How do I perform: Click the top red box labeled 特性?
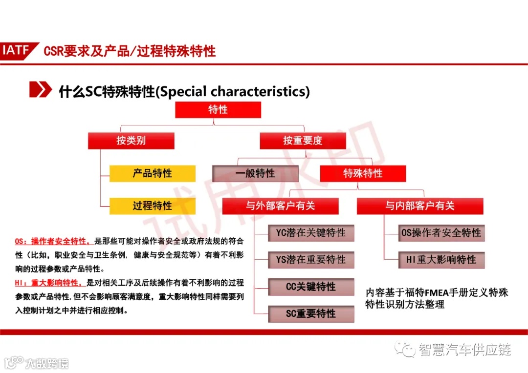[218, 110]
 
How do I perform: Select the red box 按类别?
[131, 141]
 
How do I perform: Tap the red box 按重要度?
[303, 141]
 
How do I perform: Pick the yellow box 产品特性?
[152, 173]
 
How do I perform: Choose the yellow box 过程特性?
[152, 206]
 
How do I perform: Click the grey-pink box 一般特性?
[255, 173]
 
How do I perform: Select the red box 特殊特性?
[363, 173]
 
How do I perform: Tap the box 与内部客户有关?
[419, 206]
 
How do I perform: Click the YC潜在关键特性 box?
[311, 233]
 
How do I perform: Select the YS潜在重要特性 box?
[311, 260]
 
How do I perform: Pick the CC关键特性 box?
[311, 287]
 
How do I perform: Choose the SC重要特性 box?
[311, 314]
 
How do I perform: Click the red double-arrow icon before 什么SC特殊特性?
[40, 91]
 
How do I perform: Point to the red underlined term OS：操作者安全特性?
[52, 241]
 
